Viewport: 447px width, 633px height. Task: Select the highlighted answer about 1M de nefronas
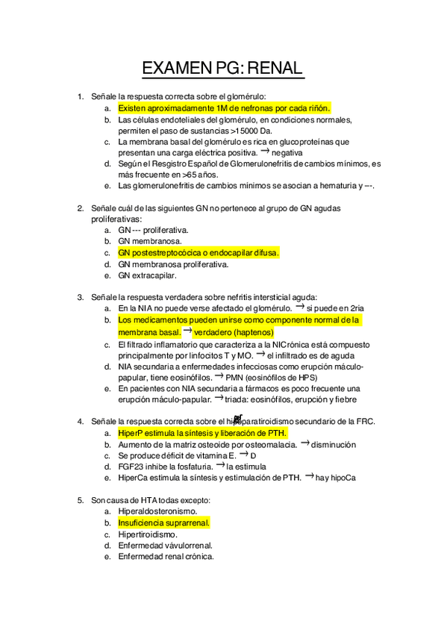click(224, 108)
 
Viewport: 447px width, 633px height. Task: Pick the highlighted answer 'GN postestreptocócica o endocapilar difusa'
click(199, 253)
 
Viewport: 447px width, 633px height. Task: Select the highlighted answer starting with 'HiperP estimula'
click(202, 433)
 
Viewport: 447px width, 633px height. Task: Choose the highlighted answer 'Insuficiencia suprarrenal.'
click(163, 523)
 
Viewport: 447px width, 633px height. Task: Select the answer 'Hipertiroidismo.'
click(148, 534)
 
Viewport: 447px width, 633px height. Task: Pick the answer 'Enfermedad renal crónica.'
click(166, 556)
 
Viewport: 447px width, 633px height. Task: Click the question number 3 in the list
click(80, 297)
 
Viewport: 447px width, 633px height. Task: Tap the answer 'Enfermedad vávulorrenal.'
click(165, 546)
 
